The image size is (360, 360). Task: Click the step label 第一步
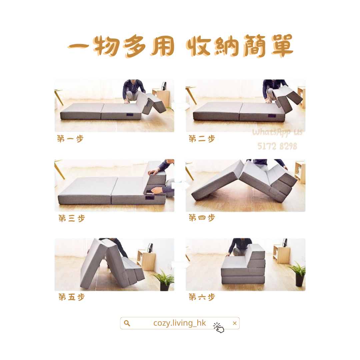pos(70,139)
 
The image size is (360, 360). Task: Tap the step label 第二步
pos(202,138)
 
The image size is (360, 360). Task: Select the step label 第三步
pos(72,218)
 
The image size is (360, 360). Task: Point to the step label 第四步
pos(202,217)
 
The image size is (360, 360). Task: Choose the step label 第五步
pos(72,297)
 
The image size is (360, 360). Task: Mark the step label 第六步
pos(202,297)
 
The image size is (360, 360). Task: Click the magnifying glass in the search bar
pos(127,323)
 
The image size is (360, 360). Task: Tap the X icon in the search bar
pos(234,323)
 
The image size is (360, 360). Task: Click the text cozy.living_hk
pos(180,323)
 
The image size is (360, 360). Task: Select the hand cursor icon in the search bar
pos(219,328)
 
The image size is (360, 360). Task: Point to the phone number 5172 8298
pos(277,146)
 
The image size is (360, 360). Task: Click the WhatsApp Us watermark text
pos(277,132)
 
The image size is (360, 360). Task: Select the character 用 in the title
pos(163,46)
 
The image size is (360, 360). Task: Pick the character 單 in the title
pos(282,46)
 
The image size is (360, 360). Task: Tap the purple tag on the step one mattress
pos(129,115)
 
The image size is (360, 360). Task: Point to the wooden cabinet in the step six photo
pos(281,254)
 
